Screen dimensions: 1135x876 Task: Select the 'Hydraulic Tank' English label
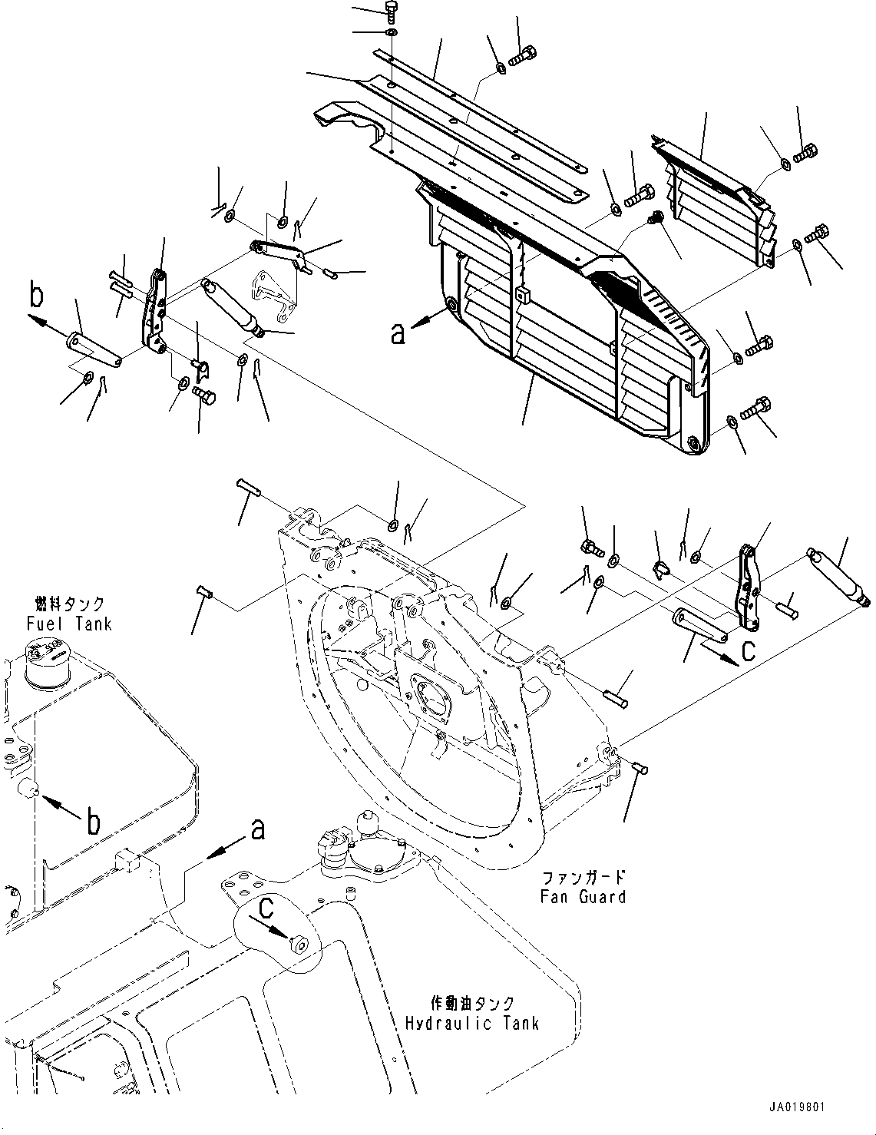[x=472, y=1023]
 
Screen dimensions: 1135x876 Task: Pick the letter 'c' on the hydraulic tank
[x=266, y=909]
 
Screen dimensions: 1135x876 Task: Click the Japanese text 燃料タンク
[x=69, y=605]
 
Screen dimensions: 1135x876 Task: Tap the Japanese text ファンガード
[x=583, y=877]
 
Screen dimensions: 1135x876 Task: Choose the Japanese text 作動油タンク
[x=472, y=1004]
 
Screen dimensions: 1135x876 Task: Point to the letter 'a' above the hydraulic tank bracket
[x=259, y=829]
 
